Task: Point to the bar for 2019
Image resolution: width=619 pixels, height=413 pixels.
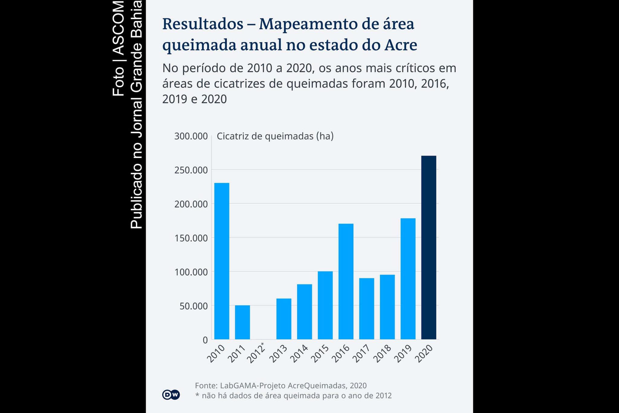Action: (408, 279)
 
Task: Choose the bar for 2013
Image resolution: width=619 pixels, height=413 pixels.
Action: (284, 319)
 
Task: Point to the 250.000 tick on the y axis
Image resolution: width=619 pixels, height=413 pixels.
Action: (191, 170)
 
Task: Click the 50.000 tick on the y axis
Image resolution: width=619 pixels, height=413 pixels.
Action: (193, 306)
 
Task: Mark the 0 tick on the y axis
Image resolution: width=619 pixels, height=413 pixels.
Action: (205, 340)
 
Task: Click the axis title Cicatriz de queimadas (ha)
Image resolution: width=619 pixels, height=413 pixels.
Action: (275, 136)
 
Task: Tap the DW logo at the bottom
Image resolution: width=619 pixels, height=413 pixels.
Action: (171, 395)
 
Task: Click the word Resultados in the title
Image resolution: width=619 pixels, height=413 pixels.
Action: (203, 24)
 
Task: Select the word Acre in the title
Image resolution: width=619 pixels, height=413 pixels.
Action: (400, 45)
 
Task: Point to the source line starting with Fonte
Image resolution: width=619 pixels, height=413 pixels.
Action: (280, 385)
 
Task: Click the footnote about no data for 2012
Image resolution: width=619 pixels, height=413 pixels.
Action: (293, 395)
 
